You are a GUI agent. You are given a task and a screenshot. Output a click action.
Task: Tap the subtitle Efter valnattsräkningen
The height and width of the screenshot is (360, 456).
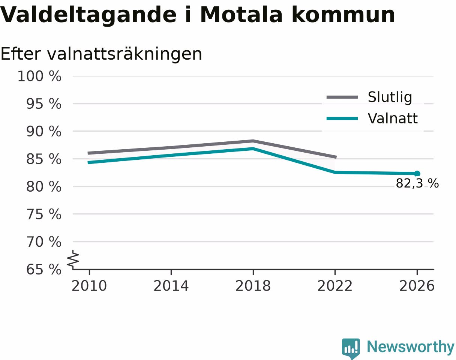[x=101, y=54]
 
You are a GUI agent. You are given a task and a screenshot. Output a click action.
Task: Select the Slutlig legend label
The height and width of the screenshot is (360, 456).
[x=390, y=97]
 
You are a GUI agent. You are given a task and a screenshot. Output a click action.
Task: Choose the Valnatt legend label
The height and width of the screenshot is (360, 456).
[x=393, y=118]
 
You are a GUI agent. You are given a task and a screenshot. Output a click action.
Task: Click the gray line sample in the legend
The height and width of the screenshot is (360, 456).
[x=342, y=97]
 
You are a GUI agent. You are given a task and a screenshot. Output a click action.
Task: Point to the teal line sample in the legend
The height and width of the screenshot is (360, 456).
[x=342, y=118]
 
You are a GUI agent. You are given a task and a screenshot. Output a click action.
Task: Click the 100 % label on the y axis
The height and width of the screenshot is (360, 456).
[x=39, y=76]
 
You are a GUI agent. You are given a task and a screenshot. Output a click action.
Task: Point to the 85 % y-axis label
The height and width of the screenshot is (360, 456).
[x=43, y=159]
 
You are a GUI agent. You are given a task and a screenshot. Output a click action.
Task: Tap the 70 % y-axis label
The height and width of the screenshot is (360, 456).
[x=43, y=242]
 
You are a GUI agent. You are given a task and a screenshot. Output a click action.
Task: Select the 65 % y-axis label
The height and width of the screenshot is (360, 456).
[x=43, y=270]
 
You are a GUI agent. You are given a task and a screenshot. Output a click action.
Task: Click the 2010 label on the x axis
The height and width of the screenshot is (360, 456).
[x=89, y=286]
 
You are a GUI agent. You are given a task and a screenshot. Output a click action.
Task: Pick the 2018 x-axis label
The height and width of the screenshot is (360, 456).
[x=253, y=286]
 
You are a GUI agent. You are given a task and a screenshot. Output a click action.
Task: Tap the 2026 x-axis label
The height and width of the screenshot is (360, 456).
[x=417, y=286]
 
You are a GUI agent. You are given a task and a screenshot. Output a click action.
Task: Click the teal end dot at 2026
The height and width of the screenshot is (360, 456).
[x=417, y=174]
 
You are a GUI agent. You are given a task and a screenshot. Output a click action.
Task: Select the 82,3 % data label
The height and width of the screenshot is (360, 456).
[x=417, y=183]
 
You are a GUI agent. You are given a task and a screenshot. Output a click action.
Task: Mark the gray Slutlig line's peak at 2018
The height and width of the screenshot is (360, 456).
[x=253, y=141]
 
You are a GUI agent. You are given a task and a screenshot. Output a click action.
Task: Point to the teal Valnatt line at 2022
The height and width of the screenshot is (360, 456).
[x=335, y=172]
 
